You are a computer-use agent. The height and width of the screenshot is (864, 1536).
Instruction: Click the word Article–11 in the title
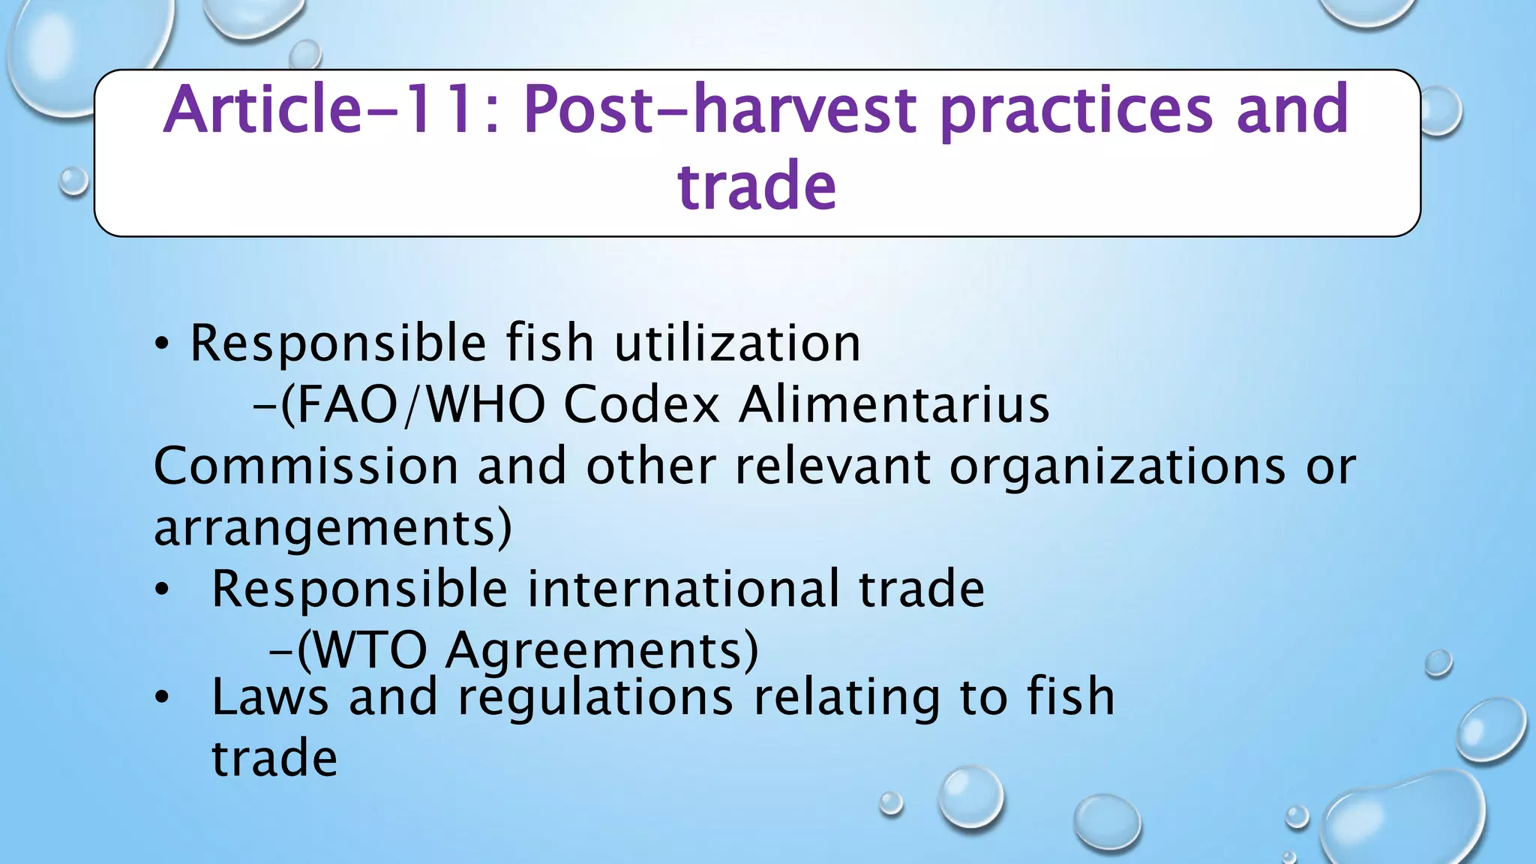point(321,109)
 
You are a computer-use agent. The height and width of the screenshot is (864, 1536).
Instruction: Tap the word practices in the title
point(1075,109)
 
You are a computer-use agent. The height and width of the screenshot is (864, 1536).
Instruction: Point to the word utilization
point(737,343)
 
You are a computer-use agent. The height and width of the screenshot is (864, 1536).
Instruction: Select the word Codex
point(642,405)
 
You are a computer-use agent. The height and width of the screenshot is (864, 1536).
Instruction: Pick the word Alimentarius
point(894,405)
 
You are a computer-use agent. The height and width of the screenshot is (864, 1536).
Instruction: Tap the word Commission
point(306,466)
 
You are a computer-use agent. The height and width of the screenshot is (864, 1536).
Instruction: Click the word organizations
point(1117,466)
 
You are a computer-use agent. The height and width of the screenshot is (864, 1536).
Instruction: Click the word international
point(683,589)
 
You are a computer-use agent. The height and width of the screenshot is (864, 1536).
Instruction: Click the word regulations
point(595,697)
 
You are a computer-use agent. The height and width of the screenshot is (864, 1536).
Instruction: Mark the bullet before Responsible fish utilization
point(162,345)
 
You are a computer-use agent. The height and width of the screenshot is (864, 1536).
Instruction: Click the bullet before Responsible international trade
point(162,590)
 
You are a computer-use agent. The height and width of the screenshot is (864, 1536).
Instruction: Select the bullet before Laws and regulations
point(162,698)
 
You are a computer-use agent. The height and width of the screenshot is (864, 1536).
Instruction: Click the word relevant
point(832,466)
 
